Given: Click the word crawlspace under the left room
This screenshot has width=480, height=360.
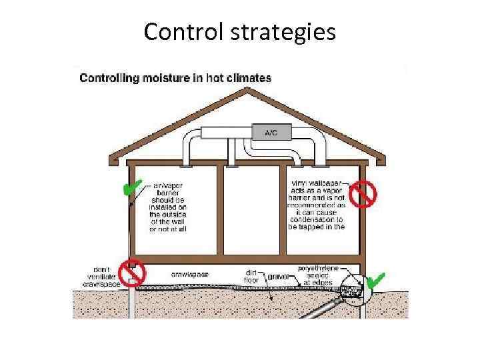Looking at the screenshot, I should pos(190,273).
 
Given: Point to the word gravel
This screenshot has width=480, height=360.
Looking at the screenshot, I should pos(279,275).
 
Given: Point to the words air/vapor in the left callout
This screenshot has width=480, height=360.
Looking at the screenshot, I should pos(169,181).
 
